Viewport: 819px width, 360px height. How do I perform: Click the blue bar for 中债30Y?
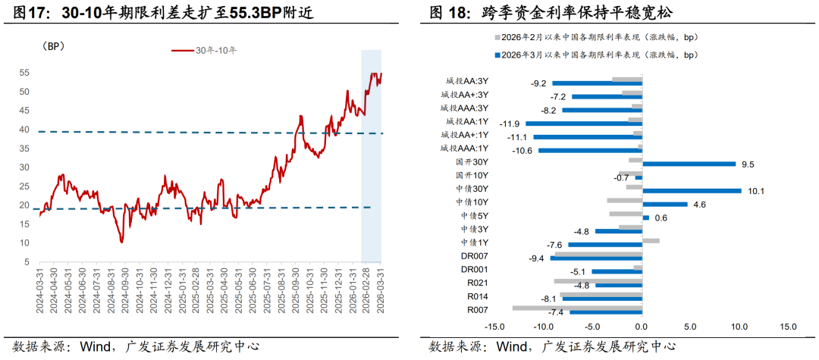pos(692,190)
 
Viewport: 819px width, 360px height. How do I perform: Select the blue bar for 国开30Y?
pos(689,164)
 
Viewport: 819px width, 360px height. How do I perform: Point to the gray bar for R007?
pos(577,307)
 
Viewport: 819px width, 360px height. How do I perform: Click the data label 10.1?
pos(755,191)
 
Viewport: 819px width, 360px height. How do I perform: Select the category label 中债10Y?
pos(472,202)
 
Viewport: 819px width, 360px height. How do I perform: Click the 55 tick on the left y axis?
pos(24,73)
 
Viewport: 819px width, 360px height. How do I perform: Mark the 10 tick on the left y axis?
pos(24,243)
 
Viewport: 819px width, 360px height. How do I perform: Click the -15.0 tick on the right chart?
pos(494,327)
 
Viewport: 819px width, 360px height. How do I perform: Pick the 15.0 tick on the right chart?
pos(787,327)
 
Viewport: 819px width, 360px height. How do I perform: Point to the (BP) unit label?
pos(53,46)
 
